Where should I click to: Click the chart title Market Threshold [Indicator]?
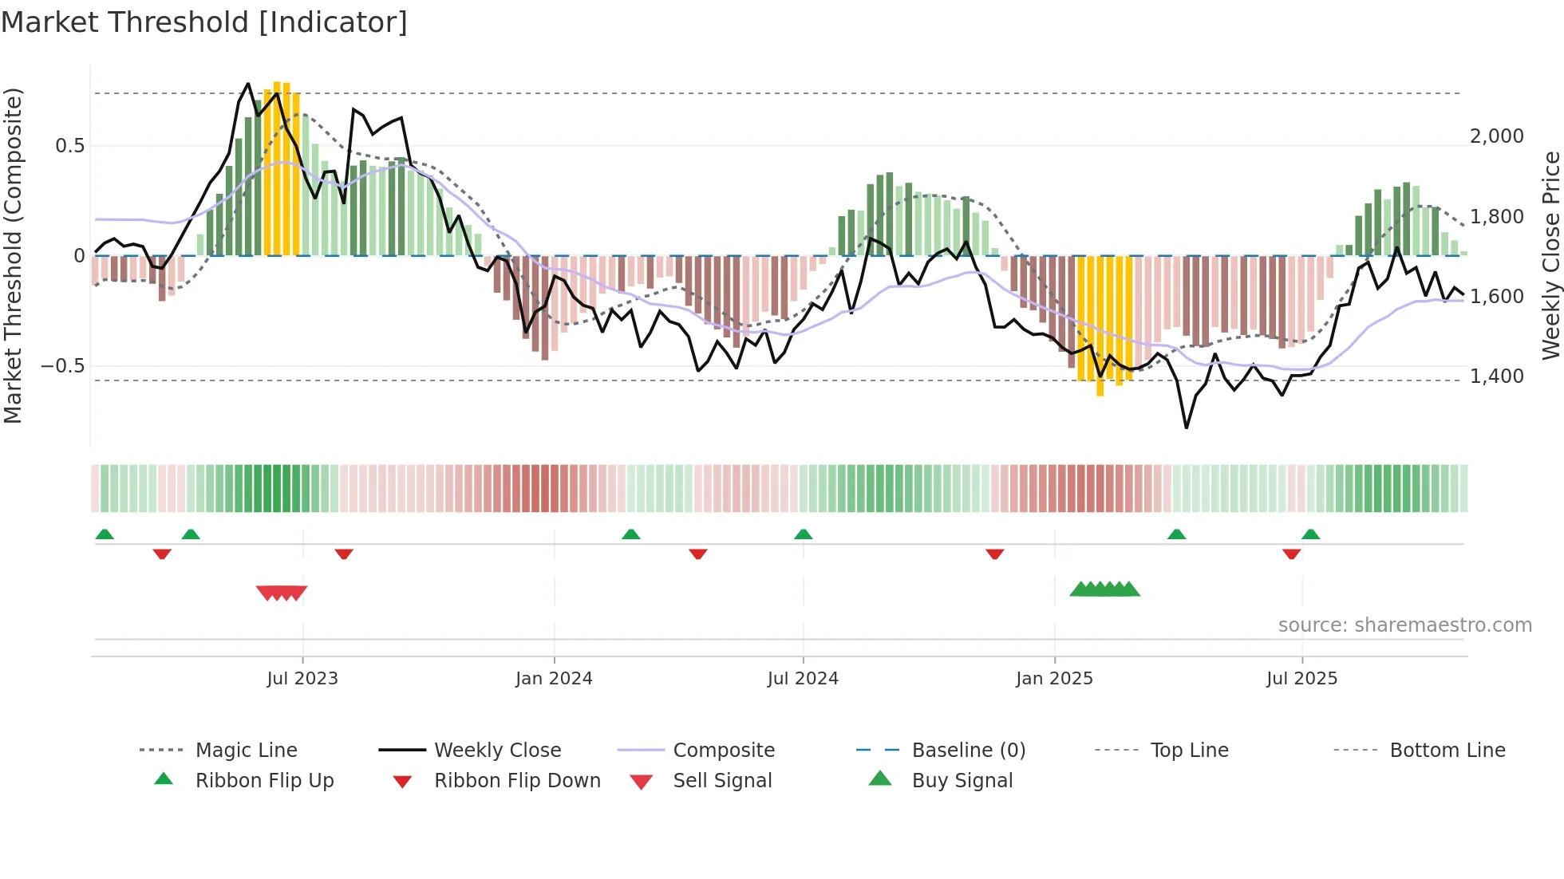(204, 22)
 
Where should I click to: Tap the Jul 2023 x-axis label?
(302, 679)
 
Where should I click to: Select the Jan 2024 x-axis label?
(554, 679)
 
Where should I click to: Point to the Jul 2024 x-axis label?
(803, 679)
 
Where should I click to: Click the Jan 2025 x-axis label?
(1054, 679)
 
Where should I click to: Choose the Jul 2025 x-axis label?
(1301, 679)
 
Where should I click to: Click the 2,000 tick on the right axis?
(1497, 136)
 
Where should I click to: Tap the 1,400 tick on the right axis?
(1497, 376)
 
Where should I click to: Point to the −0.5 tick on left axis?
(62, 366)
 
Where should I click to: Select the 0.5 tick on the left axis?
(69, 145)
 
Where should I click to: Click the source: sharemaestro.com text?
(1404, 625)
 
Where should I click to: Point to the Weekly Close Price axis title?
(1550, 255)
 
